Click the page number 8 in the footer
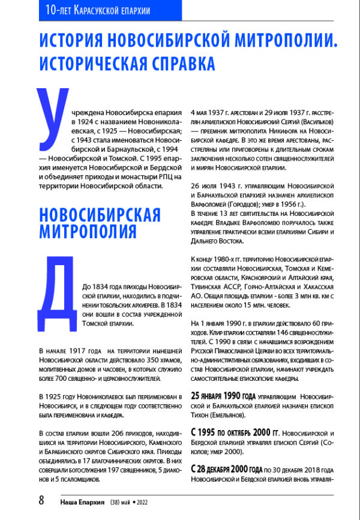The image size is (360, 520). point(41,501)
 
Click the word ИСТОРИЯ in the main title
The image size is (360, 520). point(81,41)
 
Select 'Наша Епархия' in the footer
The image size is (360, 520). point(83,502)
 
